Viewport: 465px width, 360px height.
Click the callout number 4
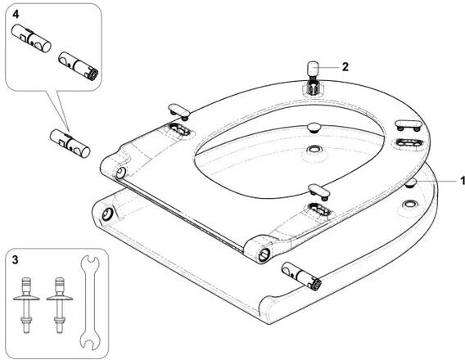16,14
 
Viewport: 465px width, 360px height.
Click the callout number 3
15,260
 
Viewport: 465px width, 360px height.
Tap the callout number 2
345,67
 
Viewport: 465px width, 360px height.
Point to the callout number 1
462,180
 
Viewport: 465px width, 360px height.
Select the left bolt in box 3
26,305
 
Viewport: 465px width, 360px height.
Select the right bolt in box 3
59,305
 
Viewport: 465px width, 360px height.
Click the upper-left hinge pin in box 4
31,38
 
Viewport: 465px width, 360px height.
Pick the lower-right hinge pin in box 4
79,65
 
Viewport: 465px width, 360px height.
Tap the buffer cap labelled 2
312,68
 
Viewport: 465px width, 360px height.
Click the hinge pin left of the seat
70,143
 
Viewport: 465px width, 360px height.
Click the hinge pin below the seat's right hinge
301,277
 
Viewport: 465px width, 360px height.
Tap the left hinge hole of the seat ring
120,173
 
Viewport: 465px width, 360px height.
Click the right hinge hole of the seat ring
264,254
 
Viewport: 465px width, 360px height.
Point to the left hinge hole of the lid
106,214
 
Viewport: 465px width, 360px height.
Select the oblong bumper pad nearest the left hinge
178,111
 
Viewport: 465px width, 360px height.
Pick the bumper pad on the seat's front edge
319,191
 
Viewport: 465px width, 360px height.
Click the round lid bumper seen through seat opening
314,128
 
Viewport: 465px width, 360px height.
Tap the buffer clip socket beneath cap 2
311,88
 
